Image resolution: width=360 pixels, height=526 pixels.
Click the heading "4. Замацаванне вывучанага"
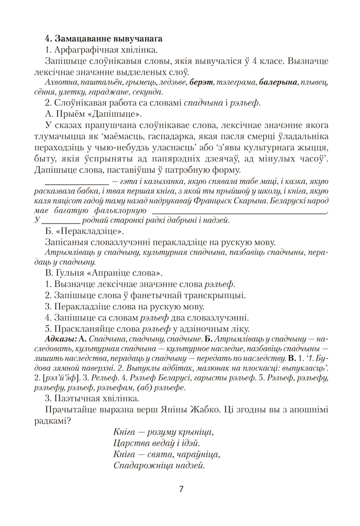click(104, 38)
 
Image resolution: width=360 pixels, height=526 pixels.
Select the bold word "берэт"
click(200, 83)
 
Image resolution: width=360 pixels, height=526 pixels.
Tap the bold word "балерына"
click(278, 83)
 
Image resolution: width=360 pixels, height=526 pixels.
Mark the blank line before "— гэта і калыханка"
click(78, 182)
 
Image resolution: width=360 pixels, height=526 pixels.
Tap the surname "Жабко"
click(225, 409)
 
